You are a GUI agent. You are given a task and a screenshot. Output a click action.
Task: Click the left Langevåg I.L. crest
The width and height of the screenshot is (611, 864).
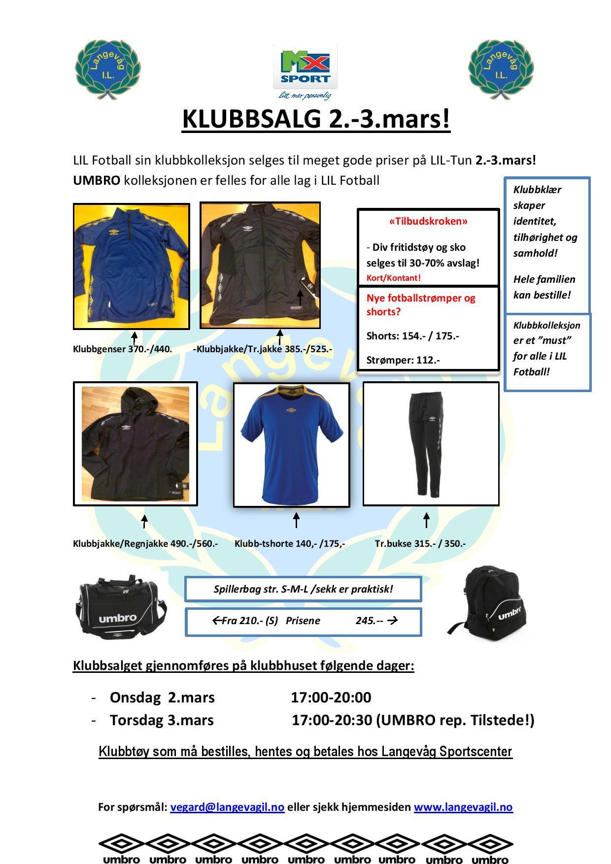[x=107, y=69]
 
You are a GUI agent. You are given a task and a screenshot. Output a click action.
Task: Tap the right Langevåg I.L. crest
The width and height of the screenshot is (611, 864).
[x=501, y=69]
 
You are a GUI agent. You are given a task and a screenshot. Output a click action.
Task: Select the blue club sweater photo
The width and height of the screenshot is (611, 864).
[x=132, y=266]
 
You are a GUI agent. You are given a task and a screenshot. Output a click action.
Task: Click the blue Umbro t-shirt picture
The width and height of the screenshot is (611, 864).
[x=291, y=444]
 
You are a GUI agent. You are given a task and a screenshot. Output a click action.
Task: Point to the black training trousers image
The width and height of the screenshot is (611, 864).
[x=431, y=443]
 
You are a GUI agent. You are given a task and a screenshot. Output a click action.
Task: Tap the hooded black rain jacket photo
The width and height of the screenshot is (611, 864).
[x=135, y=443]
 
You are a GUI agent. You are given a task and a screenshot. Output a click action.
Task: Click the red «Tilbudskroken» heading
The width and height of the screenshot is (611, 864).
[x=428, y=221]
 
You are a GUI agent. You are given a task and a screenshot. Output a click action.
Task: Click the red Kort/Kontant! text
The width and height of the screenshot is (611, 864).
[x=393, y=278]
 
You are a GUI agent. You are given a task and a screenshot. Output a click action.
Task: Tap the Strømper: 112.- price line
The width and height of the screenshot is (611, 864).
[x=403, y=360]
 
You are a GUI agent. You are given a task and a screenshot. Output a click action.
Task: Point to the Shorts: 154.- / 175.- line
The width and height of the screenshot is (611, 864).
[x=412, y=336]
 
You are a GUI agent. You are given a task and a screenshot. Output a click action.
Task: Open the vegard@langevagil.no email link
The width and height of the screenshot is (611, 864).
[x=227, y=807]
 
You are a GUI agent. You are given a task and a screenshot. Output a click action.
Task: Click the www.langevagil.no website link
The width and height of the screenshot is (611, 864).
[x=463, y=807]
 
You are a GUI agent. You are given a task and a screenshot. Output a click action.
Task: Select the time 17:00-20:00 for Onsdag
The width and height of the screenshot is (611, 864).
[x=331, y=698]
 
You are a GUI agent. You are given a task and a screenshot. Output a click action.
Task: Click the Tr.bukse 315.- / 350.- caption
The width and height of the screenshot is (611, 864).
[x=420, y=544]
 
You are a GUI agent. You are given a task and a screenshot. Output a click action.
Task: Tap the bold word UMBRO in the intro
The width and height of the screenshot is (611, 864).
[x=97, y=180]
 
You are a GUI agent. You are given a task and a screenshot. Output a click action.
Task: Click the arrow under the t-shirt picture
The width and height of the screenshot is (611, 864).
[x=296, y=520]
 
